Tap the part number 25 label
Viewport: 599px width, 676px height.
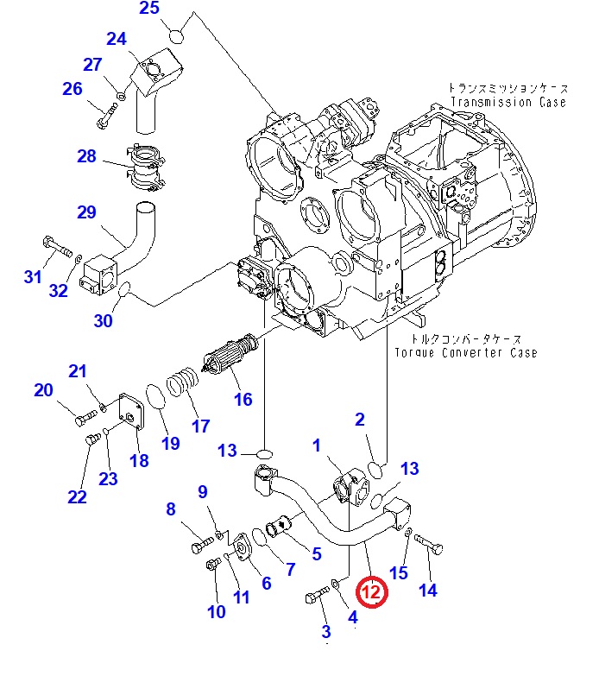(149, 9)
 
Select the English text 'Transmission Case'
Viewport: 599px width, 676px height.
(507, 102)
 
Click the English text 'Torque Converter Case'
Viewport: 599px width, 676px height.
(465, 352)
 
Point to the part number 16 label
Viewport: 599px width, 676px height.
(243, 399)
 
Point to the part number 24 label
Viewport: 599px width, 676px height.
(117, 39)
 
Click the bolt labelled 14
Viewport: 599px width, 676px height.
(428, 544)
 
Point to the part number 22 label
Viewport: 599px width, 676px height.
(77, 496)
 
